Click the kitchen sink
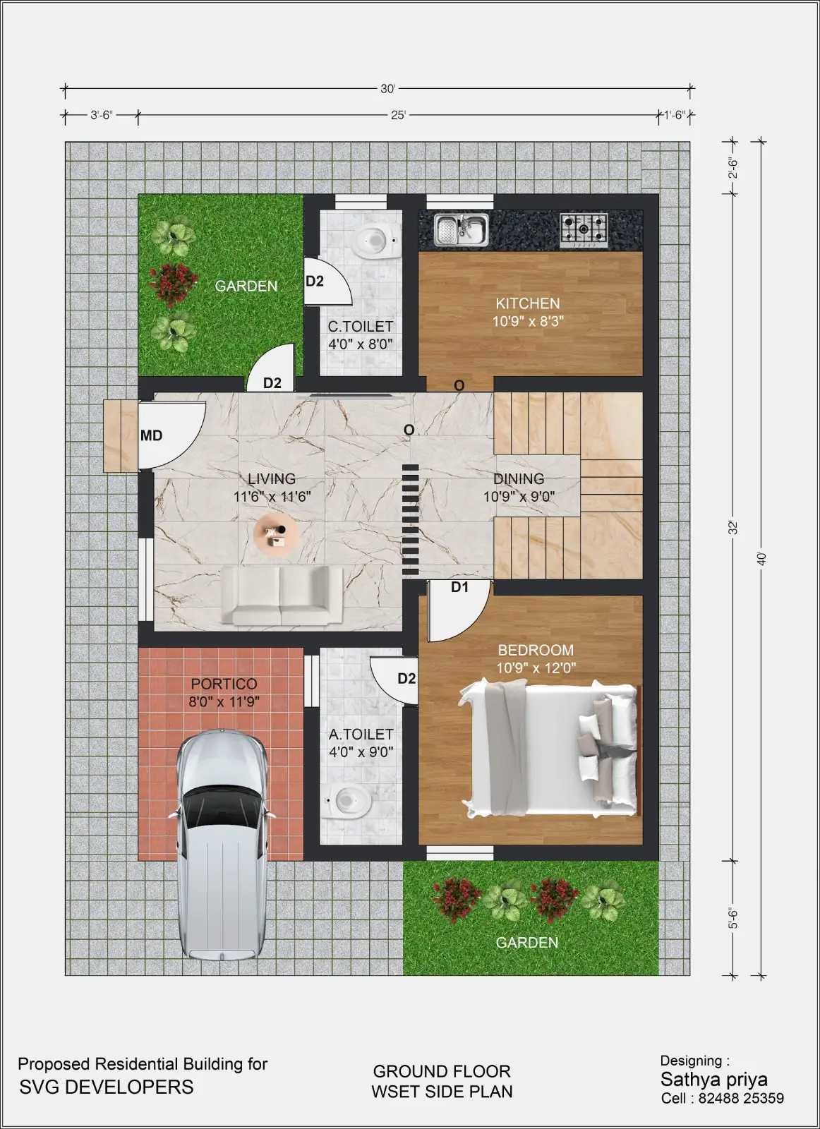[x=462, y=229]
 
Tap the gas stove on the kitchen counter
[x=584, y=230]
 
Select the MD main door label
[x=151, y=435]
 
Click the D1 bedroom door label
[x=459, y=586]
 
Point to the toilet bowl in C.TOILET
[x=375, y=241]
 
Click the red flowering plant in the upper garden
[x=174, y=284]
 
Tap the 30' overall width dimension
[x=387, y=89]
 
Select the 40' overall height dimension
[x=761, y=558]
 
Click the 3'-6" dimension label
[x=102, y=115]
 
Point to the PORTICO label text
[x=224, y=684]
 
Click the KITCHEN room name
[x=528, y=303]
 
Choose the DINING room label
[x=519, y=478]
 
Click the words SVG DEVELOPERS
[x=107, y=1087]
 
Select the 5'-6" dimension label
[x=733, y=918]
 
